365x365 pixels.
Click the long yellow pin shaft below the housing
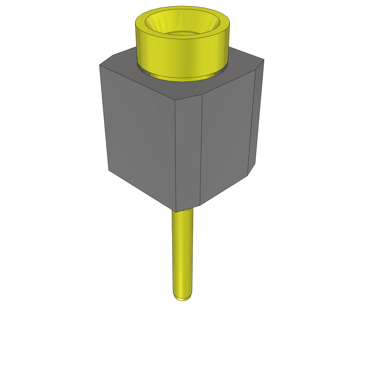pyautogui.click(x=182, y=250)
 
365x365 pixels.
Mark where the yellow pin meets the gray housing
pyautogui.click(x=183, y=210)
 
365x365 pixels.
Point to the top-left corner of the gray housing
pyautogui.click(x=99, y=65)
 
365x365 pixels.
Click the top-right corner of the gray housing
pyautogui.click(x=264, y=60)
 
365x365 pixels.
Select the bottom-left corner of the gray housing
pyautogui.click(x=109, y=170)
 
